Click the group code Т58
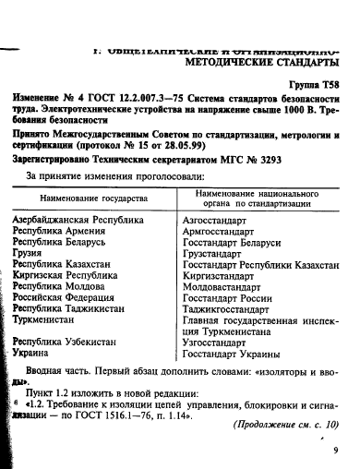click(324, 80)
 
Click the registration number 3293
click(296, 160)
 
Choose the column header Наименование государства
click(93, 198)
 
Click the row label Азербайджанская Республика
click(78, 222)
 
